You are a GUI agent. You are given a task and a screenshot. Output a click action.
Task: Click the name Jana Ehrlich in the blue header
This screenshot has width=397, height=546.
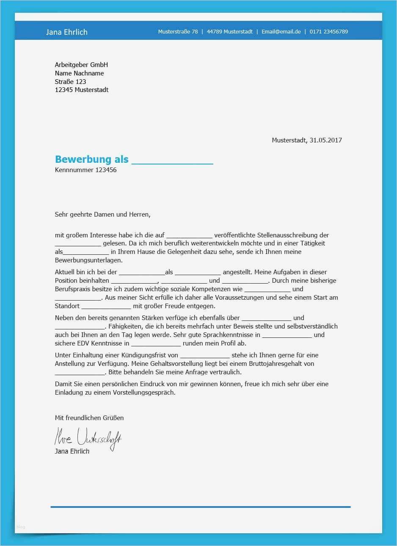[66, 32]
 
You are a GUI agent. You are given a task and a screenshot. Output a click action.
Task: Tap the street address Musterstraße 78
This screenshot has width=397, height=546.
[178, 32]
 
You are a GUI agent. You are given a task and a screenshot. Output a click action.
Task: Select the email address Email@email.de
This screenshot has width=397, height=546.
[281, 32]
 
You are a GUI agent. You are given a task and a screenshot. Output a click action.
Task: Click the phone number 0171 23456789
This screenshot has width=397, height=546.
[328, 32]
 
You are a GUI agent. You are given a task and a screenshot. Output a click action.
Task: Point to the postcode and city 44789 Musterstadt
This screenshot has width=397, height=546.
[229, 32]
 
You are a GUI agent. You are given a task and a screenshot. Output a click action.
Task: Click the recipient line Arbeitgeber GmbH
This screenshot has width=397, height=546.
[81, 65]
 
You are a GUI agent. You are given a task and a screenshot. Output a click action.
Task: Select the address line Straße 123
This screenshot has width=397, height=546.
[70, 81]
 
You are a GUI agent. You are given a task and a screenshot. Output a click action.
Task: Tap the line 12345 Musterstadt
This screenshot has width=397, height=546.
[82, 90]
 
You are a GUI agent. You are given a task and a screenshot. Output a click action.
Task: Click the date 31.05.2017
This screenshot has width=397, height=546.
[325, 140]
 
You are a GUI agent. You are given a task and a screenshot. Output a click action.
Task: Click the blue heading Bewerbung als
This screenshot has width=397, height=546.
[91, 159]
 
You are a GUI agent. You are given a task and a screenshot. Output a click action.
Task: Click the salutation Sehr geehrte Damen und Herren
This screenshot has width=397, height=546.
[102, 214]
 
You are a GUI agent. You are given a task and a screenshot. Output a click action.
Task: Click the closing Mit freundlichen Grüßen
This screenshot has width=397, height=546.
[89, 418]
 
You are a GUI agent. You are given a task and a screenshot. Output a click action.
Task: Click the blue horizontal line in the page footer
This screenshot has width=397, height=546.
[200, 507]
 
